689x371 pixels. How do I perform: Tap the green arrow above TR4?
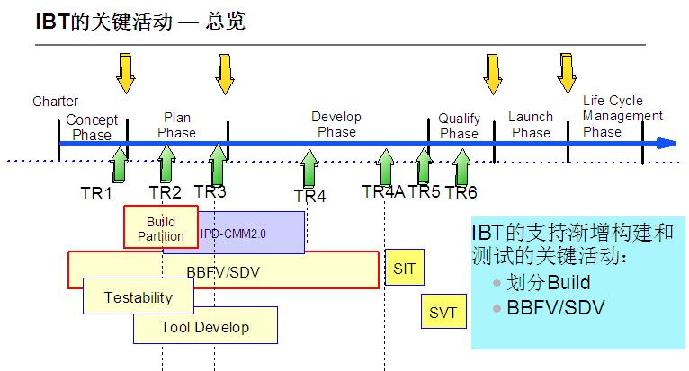point(309,167)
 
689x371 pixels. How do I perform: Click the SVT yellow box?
point(443,312)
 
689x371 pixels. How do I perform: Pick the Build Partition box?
point(161,228)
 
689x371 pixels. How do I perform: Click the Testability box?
point(138,296)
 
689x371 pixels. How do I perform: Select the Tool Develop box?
point(204,326)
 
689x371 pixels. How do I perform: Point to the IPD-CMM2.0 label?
point(233,234)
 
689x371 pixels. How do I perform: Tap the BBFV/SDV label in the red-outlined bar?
point(222,269)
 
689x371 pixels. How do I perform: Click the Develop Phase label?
point(336,124)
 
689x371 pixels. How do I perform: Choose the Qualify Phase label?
point(459,126)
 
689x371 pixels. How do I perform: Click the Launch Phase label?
point(531,125)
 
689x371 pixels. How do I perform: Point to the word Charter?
point(55,102)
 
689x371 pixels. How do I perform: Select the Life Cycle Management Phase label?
point(622,116)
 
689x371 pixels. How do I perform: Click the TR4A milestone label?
point(383,191)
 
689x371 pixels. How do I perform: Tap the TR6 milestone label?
point(461,192)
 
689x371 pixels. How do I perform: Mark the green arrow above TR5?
point(424,165)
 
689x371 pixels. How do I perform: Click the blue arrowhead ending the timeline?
point(667,143)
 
